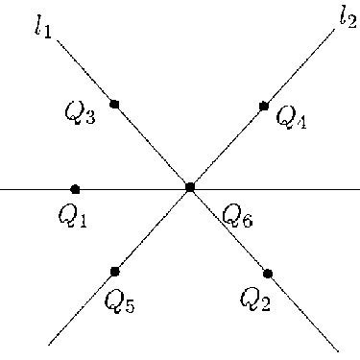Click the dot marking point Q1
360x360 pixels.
coord(75,189)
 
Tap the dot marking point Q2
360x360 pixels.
coord(268,274)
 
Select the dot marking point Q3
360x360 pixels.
coord(114,104)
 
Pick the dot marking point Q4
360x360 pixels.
coord(264,107)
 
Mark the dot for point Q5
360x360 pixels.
coord(115,271)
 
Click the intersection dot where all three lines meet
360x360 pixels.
coord(190,187)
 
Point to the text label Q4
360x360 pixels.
coord(291,117)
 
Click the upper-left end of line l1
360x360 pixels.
coord(58,40)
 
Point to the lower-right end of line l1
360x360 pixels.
coord(338,349)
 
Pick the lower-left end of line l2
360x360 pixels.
coord(49,343)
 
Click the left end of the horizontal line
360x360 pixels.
coord(1,189)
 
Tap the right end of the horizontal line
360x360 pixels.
coord(358,189)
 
